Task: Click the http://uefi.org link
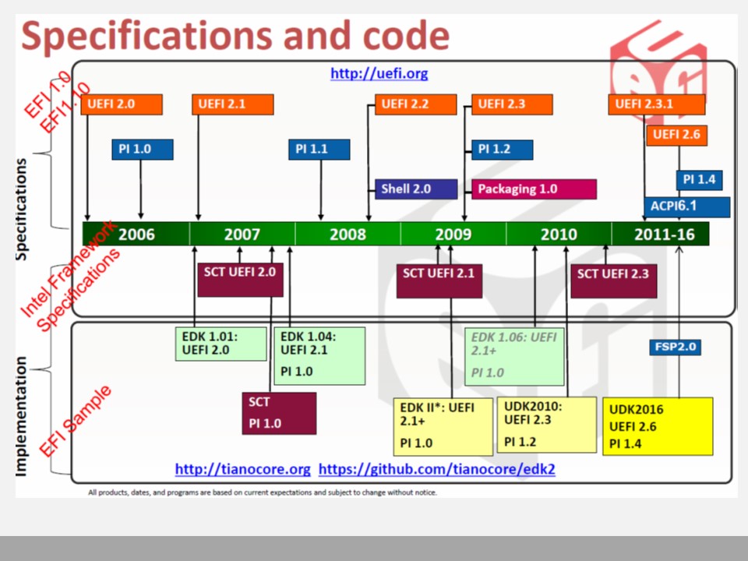pos(379,73)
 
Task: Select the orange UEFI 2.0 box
pos(122,104)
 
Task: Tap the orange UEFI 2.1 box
pos(233,104)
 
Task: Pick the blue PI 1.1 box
pos(319,150)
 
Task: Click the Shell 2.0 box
pos(416,189)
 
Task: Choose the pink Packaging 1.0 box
pos(534,189)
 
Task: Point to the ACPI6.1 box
pos(687,207)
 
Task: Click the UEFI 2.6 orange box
pos(676,135)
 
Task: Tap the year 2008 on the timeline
pos(348,235)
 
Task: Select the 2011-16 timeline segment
pos(660,235)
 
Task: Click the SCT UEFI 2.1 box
pos(439,281)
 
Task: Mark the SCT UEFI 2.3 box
pos(613,281)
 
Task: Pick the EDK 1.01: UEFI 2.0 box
pos(221,344)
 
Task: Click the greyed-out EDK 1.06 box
pos(514,356)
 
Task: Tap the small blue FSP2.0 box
pos(675,347)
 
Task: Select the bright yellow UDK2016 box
pos(658,426)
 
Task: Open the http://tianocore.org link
pos(243,469)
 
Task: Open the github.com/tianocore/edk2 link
pos(437,469)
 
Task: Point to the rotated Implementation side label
pos(21,416)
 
